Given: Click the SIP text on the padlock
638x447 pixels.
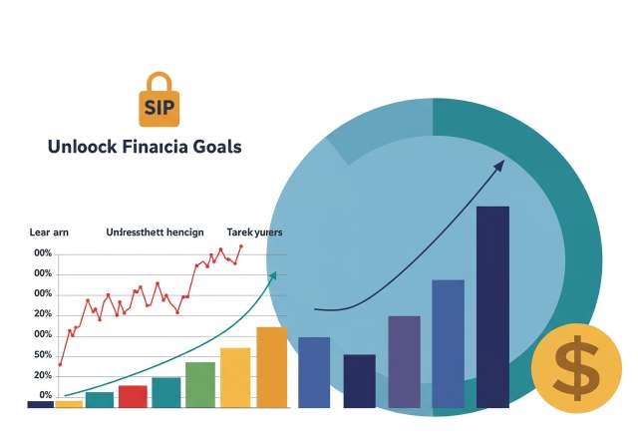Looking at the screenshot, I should click(x=159, y=107).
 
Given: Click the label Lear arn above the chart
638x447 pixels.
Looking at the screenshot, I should click(x=49, y=231).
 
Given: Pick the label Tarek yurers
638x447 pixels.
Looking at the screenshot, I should click(x=254, y=231).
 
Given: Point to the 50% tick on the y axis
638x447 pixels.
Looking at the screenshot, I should click(x=43, y=355).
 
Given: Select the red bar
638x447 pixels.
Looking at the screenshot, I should click(x=133, y=396).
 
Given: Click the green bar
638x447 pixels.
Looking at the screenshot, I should click(x=200, y=384).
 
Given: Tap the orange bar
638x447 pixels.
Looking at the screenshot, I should click(x=271, y=366).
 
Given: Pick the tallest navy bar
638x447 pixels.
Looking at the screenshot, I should click(x=492, y=306).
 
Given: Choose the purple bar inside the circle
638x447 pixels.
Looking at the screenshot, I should click(x=404, y=361).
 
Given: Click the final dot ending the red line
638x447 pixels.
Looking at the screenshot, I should click(x=240, y=246).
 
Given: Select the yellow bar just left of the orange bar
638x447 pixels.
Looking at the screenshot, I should click(x=235, y=377).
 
